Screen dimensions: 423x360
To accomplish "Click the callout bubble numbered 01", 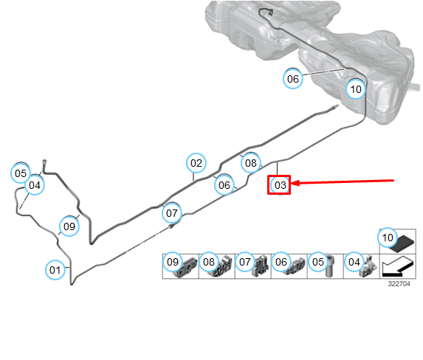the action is tap(55, 270).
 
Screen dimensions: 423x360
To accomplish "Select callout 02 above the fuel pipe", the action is tap(196, 163).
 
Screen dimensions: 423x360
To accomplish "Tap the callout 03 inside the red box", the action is tap(280, 185).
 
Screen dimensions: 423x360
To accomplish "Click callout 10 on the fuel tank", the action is tap(356, 89).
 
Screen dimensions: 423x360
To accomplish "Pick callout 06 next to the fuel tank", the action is tap(293, 79).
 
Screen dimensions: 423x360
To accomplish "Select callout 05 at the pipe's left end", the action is tap(21, 173).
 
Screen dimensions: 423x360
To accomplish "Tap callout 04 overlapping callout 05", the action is tap(35, 185).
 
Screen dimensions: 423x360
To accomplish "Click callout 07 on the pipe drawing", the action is tap(172, 213).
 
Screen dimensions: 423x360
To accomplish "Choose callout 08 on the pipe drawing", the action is tap(251, 163).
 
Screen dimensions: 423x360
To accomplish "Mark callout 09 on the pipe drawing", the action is tap(69, 226).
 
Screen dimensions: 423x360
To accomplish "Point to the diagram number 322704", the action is tap(399, 284).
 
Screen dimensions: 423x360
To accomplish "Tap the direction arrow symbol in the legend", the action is tap(397, 267).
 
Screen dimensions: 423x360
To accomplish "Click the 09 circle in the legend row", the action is tap(173, 262).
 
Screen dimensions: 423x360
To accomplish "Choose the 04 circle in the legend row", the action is tap(354, 262).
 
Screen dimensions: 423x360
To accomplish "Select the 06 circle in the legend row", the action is tap(281, 262).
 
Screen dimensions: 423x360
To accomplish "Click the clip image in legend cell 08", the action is tap(220, 267).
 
